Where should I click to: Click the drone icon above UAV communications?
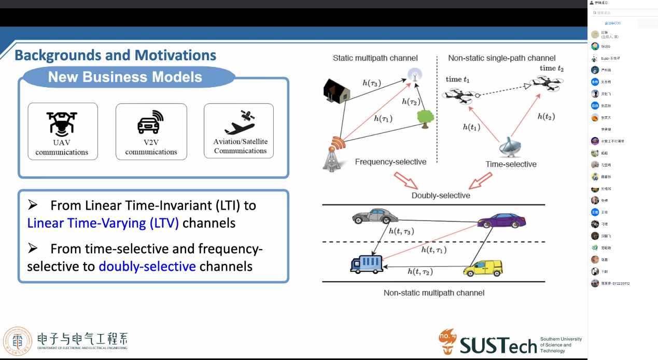62,122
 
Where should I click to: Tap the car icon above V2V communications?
150,122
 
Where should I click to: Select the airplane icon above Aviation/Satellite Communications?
239,122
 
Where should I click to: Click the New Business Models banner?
125,77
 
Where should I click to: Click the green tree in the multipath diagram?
425,119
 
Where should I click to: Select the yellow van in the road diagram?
483,268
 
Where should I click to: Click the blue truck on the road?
366,264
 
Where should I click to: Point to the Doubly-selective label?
441,196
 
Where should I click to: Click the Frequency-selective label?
390,162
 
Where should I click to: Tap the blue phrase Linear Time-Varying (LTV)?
103,224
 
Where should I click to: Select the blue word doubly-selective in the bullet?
147,267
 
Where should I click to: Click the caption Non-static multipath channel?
434,293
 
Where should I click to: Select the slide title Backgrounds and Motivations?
116,56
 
